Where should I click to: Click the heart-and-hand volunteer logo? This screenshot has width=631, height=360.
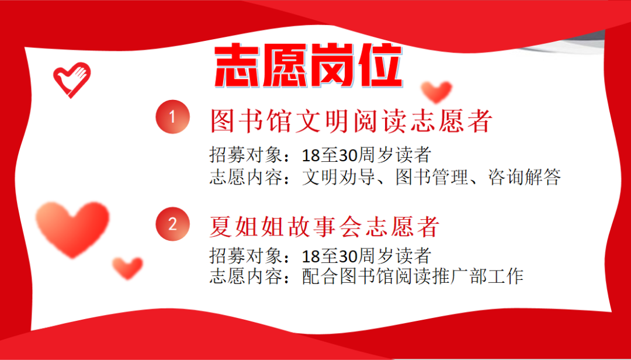[71, 79]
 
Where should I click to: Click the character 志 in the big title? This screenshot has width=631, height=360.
[235, 66]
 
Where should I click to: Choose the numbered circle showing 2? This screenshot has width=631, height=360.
[172, 224]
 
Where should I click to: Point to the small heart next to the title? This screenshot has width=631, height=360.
[436, 91]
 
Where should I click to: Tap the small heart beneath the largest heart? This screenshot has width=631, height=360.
[127, 268]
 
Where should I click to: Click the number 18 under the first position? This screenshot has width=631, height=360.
[309, 155]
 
